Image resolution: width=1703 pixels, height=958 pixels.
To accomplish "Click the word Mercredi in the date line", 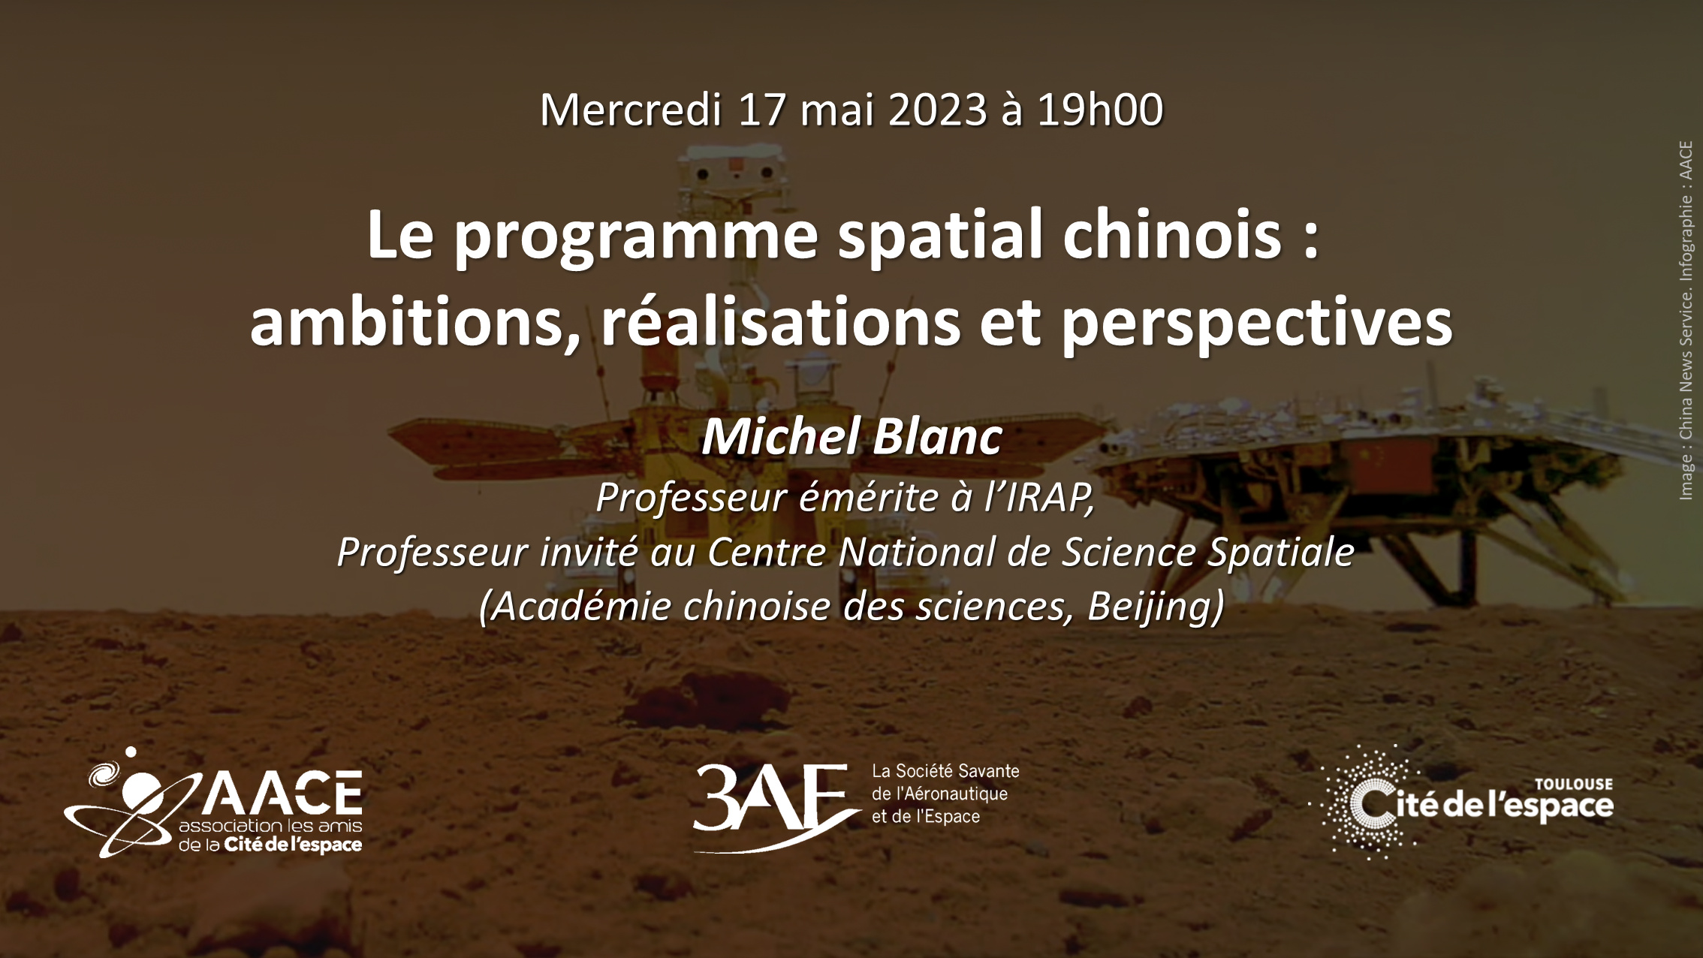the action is click(x=631, y=110).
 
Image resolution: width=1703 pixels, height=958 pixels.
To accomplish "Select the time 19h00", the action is click(x=1100, y=110).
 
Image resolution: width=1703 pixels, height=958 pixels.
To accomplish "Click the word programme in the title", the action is click(x=635, y=237).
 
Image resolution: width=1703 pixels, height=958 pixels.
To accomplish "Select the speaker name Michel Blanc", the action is click(x=851, y=436).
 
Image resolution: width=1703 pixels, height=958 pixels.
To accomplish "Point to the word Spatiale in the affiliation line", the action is click(x=1281, y=552).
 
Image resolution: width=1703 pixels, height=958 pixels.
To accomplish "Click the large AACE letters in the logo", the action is click(x=282, y=792).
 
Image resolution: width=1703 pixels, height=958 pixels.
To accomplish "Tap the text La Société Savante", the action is click(x=945, y=771).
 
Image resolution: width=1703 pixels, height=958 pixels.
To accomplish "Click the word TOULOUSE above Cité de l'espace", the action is click(x=1574, y=785).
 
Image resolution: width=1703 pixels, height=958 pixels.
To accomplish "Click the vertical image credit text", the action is click(x=1686, y=321).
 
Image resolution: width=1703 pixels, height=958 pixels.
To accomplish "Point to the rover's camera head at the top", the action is click(x=734, y=173).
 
